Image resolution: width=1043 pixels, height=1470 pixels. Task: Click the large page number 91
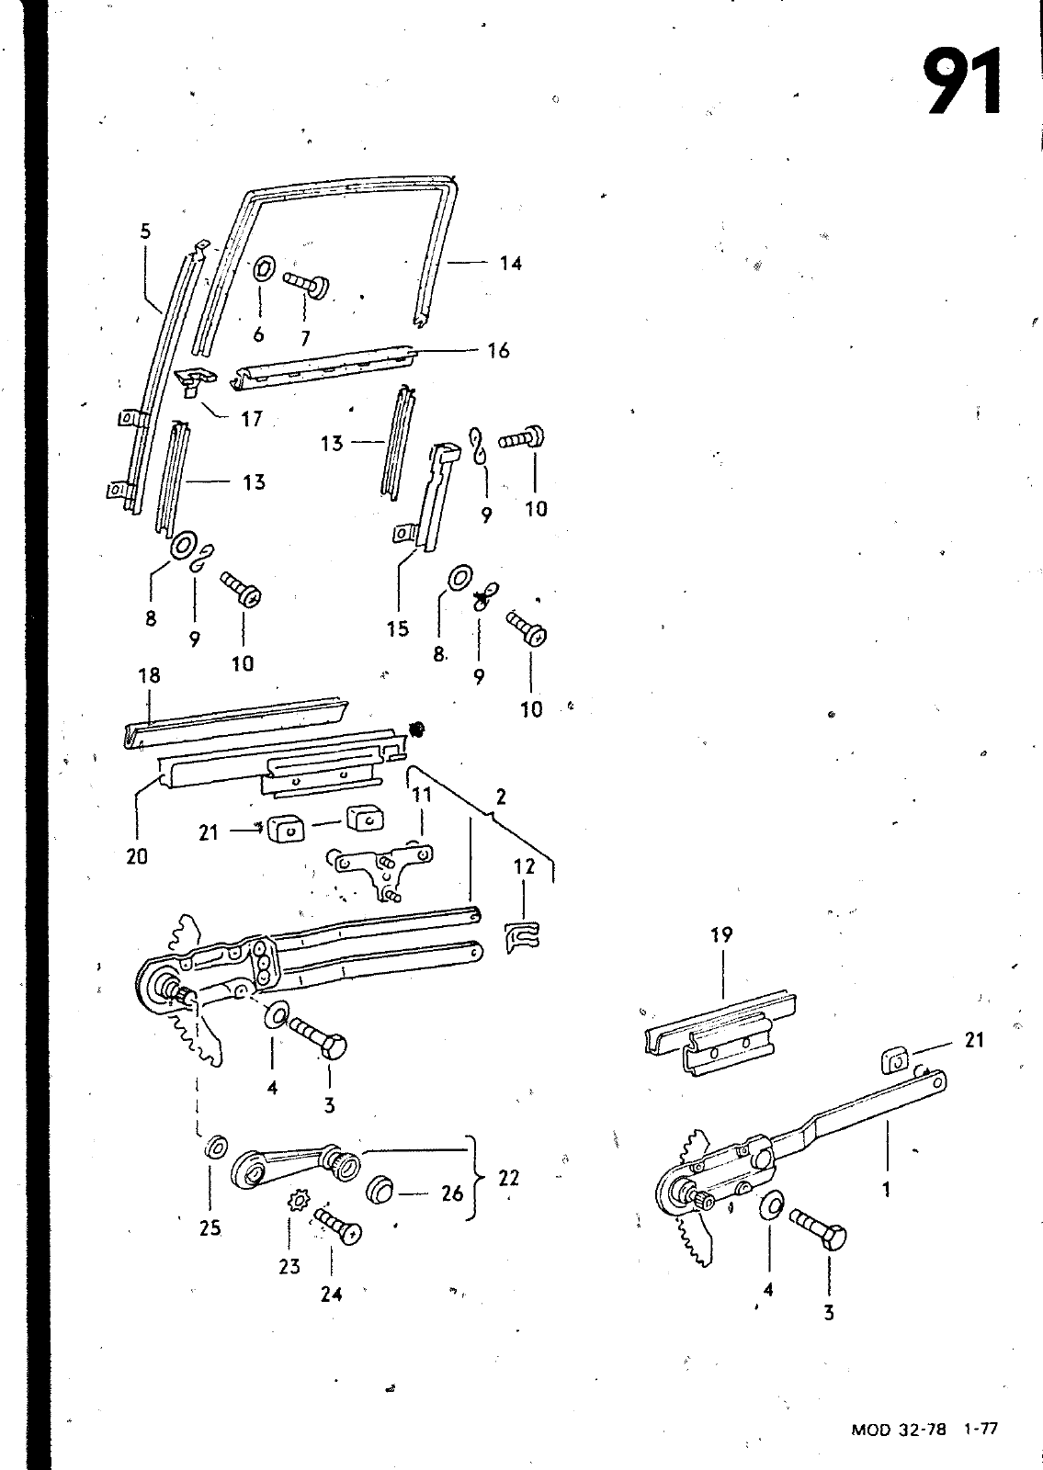963,82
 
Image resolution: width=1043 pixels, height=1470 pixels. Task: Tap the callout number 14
510,263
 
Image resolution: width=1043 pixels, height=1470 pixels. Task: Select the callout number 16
498,350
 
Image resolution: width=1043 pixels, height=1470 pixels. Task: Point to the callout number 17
252,419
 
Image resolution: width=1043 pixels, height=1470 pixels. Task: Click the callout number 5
145,231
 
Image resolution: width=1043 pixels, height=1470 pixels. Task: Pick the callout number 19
721,934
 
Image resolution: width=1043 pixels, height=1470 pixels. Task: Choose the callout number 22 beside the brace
509,1178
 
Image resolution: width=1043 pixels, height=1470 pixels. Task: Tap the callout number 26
452,1193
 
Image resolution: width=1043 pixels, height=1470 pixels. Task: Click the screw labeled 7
307,286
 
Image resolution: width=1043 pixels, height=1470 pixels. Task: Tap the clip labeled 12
523,936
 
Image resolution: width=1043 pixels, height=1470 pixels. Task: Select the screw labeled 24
338,1227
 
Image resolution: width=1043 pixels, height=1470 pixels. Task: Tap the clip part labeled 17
195,380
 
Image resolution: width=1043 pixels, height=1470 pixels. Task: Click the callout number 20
137,856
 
